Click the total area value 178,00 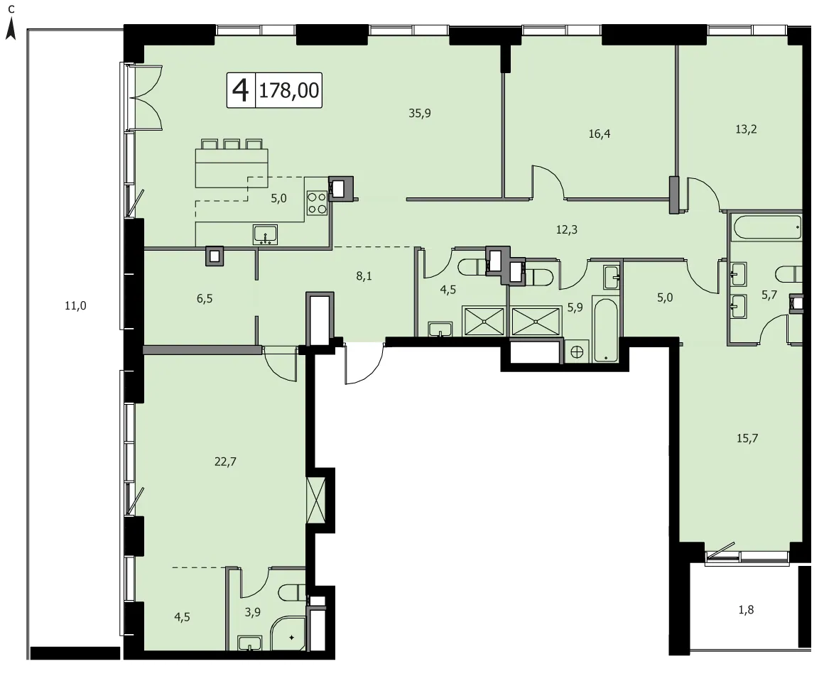pos(289,90)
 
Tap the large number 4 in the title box pos(241,90)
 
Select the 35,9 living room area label pos(420,113)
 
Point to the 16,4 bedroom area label pos(599,134)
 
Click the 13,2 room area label pos(746,129)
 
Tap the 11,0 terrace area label pos(75,306)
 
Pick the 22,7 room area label pos(225,462)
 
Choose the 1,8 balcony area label pos(746,610)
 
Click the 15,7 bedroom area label pos(747,438)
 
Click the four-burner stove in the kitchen pos(317,203)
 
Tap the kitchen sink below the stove pos(266,235)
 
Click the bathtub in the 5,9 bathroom pos(606,329)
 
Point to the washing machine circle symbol pos(577,352)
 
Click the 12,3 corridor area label pos(567,229)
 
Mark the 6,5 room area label pos(205,299)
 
